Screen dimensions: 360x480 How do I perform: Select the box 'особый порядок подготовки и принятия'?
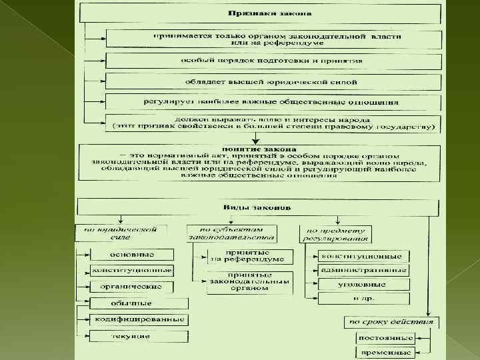[x=272, y=61]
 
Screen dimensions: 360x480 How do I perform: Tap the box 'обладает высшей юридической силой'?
[x=272, y=82]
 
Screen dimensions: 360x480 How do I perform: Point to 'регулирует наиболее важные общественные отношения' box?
[x=272, y=103]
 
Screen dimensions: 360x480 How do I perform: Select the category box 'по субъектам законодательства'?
[x=231, y=233]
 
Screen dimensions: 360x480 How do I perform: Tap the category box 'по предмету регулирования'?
[x=335, y=234]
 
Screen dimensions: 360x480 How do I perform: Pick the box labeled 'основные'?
[x=133, y=254]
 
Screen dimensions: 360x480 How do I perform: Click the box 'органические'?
[x=132, y=287]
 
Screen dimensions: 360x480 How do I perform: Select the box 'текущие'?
[x=131, y=336]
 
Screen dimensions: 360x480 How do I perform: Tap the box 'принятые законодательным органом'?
[x=249, y=282]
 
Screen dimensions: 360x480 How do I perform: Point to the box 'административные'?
[x=363, y=271]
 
